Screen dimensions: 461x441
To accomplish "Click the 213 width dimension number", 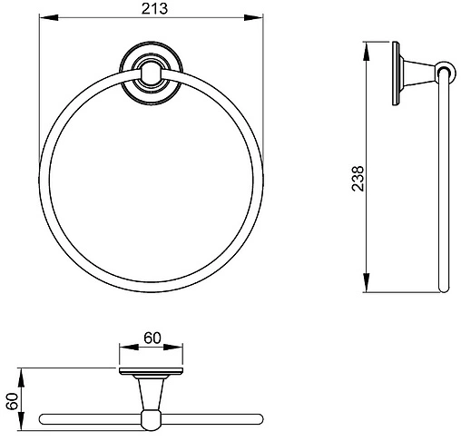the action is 154,9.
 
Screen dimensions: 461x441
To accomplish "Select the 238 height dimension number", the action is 358,179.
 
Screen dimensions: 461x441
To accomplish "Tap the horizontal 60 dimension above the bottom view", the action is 152,338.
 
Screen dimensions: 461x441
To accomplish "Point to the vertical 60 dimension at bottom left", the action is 13,401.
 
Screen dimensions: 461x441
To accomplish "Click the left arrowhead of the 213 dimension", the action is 49,17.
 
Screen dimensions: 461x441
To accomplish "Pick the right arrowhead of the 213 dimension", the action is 253,17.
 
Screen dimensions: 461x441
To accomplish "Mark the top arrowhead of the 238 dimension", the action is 367,52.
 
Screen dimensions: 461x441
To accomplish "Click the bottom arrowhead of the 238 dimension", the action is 367,283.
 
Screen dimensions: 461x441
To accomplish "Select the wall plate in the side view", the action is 396,73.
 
